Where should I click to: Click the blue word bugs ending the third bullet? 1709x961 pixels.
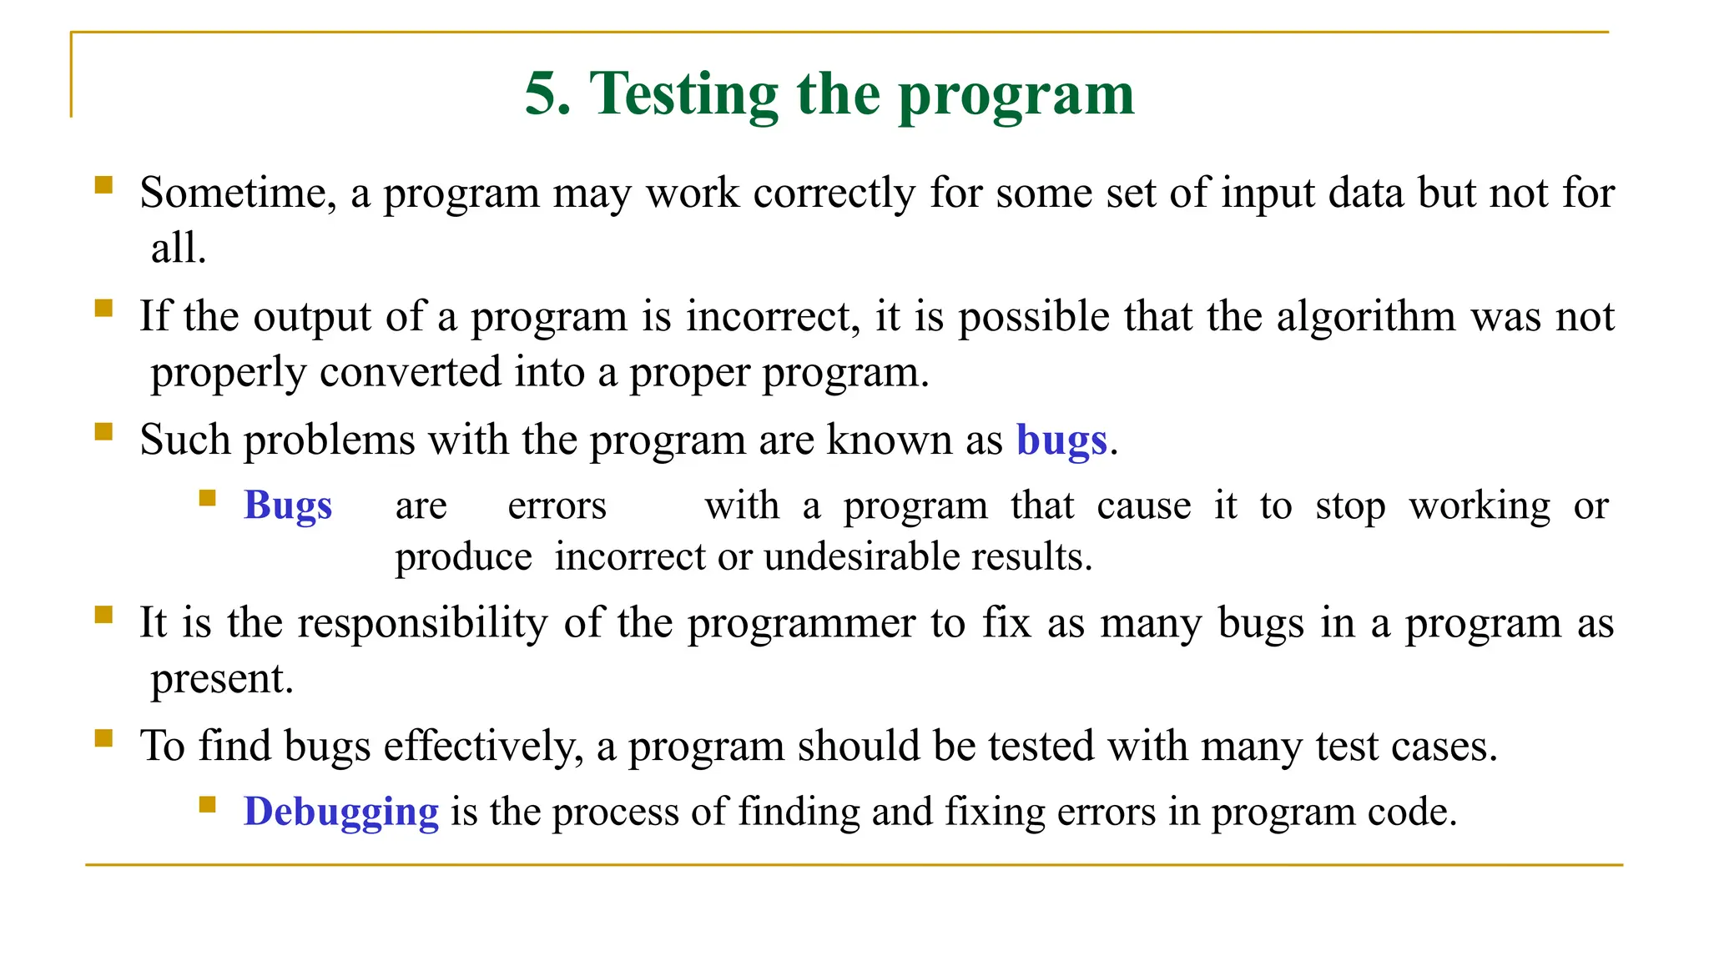[1061, 440]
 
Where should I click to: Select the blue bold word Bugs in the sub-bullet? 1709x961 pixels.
[288, 506]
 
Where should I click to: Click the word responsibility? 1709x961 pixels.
[422, 623]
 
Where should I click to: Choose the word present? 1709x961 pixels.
[221, 679]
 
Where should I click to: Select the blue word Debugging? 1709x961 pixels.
[340, 812]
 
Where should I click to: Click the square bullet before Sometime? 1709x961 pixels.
[103, 184]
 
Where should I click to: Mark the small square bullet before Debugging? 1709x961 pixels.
[208, 804]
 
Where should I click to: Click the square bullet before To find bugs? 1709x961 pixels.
[103, 737]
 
